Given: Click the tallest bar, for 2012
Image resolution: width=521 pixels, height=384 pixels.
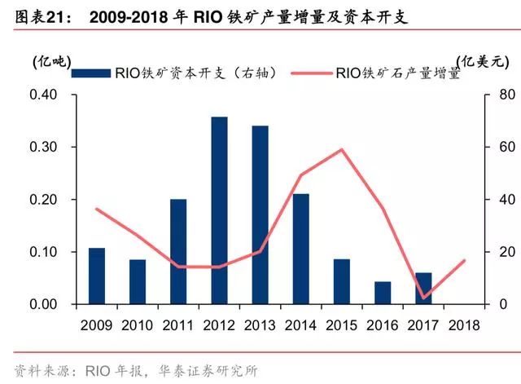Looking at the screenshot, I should (219, 210).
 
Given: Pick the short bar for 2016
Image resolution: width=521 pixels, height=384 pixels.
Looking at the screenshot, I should (383, 293).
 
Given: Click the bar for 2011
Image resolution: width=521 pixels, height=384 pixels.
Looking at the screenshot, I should (178, 251).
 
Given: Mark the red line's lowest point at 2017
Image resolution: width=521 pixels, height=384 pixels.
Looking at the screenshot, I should (423, 298).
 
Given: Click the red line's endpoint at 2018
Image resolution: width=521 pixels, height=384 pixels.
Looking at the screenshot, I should (464, 260).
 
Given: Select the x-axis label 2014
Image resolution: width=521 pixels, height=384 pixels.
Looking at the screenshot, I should (300, 324).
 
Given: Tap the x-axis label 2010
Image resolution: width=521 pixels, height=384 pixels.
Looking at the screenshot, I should (138, 324).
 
